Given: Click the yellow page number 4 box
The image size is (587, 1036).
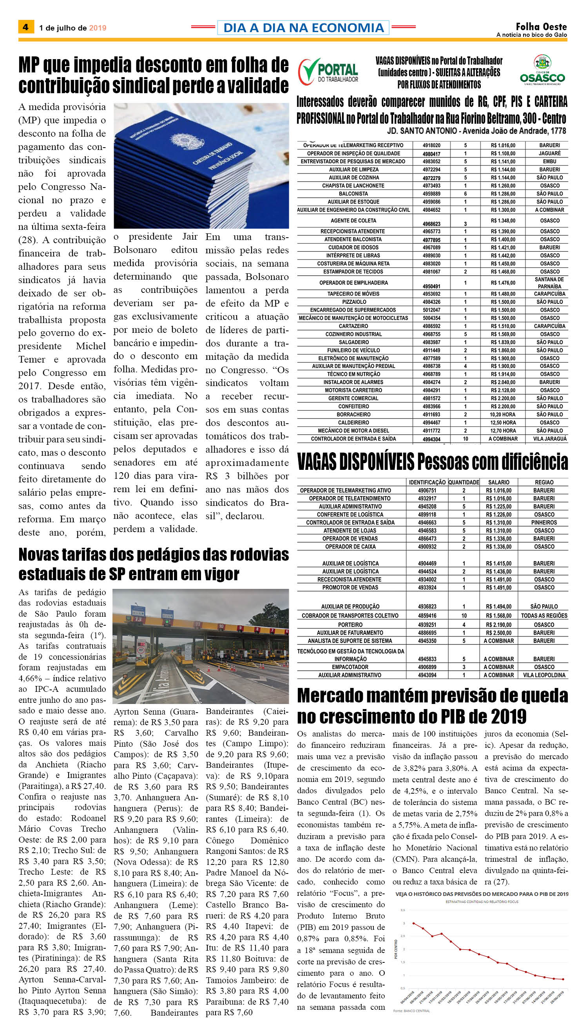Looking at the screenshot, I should (26, 27).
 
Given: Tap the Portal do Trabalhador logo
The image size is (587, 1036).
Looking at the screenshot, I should (328, 71).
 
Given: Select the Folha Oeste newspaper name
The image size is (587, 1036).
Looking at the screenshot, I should (541, 27).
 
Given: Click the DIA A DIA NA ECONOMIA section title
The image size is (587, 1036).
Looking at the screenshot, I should (303, 28).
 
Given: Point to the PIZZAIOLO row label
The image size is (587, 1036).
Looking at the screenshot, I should (354, 302).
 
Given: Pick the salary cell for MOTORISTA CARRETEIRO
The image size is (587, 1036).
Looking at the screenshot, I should (503, 390).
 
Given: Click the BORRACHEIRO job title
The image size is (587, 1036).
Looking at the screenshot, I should (353, 414).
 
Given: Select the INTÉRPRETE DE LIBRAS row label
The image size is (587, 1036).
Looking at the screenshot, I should (353, 255).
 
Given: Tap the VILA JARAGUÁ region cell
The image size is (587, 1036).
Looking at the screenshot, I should (550, 439).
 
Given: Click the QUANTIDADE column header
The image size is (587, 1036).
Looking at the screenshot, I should (464, 482).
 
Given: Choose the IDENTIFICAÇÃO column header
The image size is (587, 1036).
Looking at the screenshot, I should (427, 482).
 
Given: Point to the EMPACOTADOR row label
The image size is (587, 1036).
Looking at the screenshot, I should (350, 667).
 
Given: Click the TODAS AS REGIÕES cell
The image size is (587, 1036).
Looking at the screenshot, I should (544, 615).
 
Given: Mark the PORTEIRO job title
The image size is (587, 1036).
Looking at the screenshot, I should (350, 624).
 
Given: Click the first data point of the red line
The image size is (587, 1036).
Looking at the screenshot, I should (413, 923).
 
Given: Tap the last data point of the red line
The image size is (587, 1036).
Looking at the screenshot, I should (563, 979).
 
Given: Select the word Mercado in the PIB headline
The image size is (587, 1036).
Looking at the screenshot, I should (339, 696).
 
